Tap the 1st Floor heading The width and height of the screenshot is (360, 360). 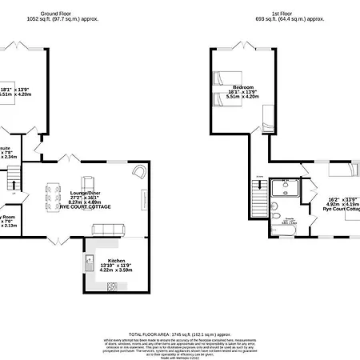[x=290, y=12]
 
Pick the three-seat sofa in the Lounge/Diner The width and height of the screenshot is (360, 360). [x=108, y=229]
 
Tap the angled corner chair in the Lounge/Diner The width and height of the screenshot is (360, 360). [x=139, y=171]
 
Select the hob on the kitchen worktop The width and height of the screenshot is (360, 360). [x=112, y=286]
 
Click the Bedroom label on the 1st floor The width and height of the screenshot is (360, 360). [x=243, y=86]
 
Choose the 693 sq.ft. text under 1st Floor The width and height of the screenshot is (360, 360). [x=270, y=18]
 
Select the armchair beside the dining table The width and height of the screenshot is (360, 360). [x=87, y=181]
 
